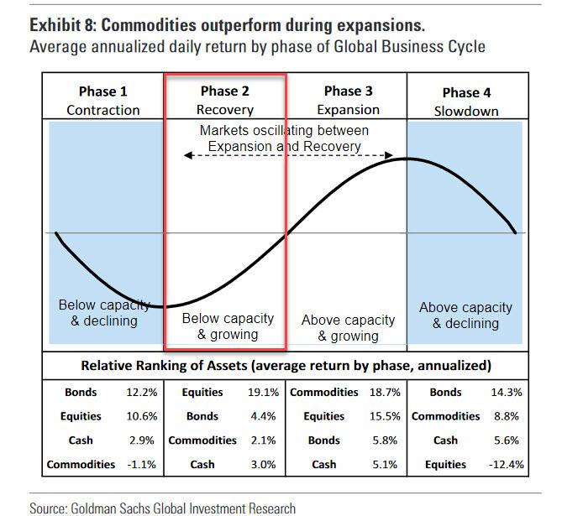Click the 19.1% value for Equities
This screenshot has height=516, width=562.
click(x=265, y=392)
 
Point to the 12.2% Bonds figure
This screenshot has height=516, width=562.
click(x=140, y=392)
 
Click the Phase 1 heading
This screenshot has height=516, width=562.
click(x=103, y=91)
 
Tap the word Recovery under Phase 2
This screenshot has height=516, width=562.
click(x=224, y=110)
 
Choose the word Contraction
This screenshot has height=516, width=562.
click(x=103, y=110)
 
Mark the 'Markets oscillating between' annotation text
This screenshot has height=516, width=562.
click(x=284, y=131)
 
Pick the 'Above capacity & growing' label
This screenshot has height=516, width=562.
click(x=348, y=328)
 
